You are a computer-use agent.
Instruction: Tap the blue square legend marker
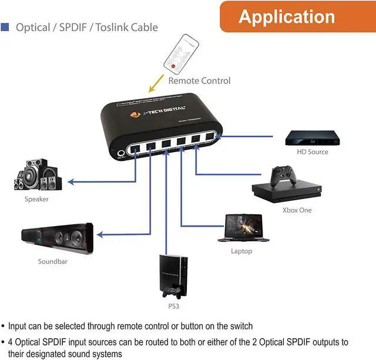[5, 27]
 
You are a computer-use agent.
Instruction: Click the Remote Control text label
[199, 80]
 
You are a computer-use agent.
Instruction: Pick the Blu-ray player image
[312, 138]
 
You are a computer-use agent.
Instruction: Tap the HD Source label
[313, 152]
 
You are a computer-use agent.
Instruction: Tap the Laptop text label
[241, 251]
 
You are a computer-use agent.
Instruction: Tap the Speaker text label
[36, 199]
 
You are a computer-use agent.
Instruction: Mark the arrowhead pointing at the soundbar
[100, 234]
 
